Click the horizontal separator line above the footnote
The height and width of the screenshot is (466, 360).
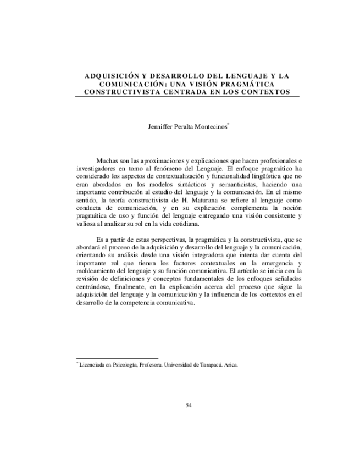116,358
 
